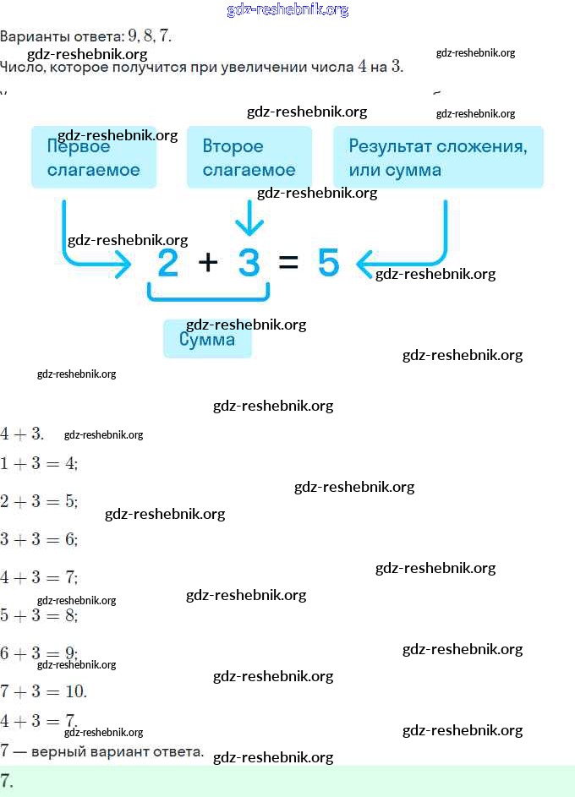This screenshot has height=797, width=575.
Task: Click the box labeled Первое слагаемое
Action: (93, 157)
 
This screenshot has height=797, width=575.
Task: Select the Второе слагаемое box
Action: (249, 157)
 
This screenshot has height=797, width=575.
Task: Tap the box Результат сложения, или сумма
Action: (437, 157)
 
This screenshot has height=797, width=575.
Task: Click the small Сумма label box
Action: (207, 339)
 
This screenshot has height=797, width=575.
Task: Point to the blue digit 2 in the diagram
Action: (168, 264)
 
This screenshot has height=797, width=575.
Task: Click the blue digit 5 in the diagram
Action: (328, 264)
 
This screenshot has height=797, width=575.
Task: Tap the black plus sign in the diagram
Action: (208, 263)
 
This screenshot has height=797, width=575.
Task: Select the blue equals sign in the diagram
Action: (288, 264)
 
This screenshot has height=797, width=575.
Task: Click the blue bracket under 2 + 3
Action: (208, 295)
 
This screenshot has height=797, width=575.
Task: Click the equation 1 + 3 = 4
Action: (39, 463)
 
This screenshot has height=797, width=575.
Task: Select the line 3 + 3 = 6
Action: (39, 539)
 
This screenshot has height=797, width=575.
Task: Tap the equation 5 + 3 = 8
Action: (39, 615)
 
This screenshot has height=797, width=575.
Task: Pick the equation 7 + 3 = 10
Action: (43, 691)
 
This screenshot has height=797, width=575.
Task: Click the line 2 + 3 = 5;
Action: (39, 501)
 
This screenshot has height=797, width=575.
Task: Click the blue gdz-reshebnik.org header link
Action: (287, 10)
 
